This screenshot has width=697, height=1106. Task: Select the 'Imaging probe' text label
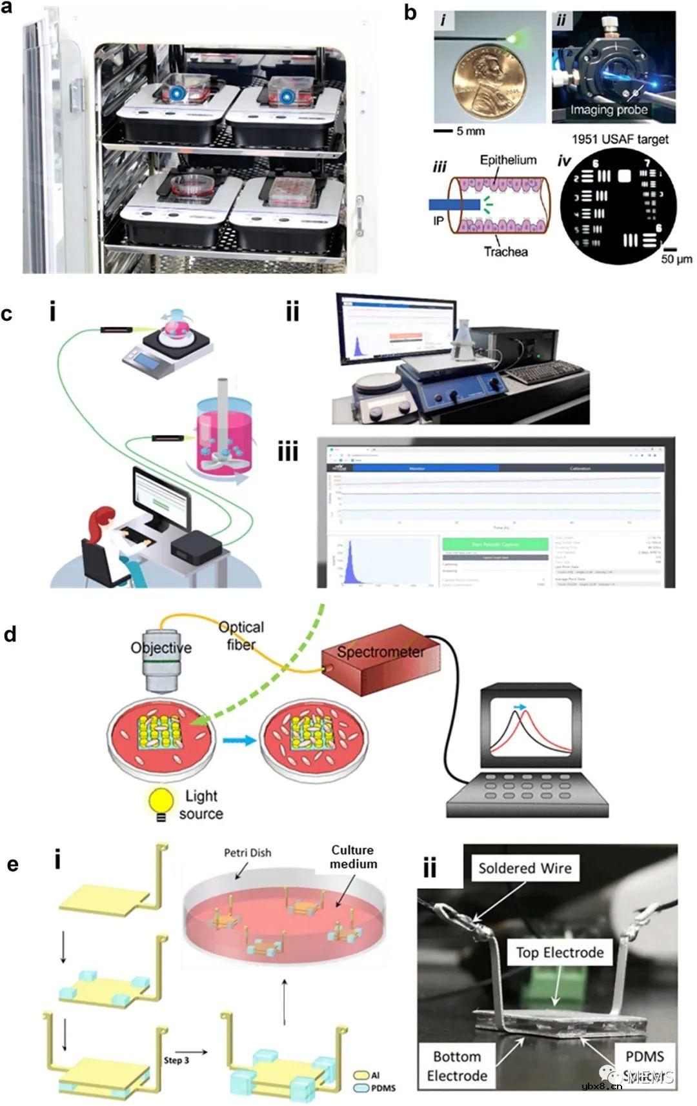point(609,110)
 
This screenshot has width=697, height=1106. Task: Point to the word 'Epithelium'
point(508,160)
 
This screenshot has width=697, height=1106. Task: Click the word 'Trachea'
point(506,252)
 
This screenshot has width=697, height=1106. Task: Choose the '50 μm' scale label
point(676,259)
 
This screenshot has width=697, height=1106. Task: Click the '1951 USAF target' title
point(620,139)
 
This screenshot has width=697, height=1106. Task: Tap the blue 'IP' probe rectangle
point(454,205)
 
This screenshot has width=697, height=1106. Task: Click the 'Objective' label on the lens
point(161,648)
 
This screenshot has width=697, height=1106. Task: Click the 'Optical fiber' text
point(241,636)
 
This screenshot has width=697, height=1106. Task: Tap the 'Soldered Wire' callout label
point(525,869)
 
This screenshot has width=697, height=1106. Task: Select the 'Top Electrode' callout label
point(560,952)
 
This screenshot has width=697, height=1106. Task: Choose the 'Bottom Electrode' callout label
point(457,1066)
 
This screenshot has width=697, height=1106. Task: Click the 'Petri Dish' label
point(247,853)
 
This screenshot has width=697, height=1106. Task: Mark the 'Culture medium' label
point(353,857)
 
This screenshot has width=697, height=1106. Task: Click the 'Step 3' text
point(176,1060)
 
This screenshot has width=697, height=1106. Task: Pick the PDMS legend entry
point(375,1089)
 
